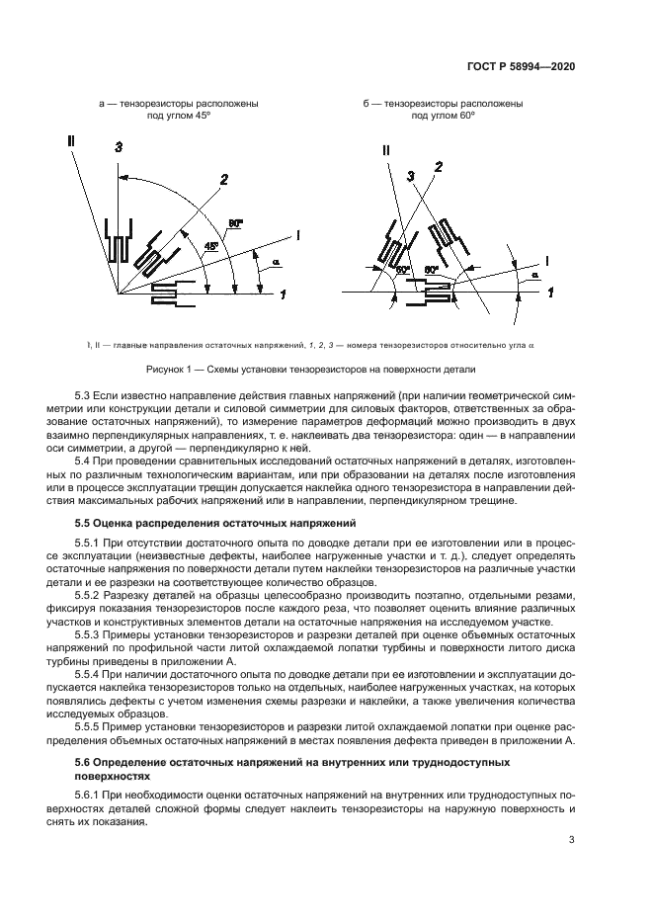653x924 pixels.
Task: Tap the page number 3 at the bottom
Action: coord(572,840)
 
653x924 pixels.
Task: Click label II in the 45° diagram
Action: coord(70,141)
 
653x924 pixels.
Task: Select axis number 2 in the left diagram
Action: coord(224,179)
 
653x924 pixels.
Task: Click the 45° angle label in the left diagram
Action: coord(210,245)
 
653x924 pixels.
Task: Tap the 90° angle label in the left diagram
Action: coord(234,223)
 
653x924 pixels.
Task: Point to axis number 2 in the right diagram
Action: coord(438,168)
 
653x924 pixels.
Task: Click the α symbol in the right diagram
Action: coord(534,276)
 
